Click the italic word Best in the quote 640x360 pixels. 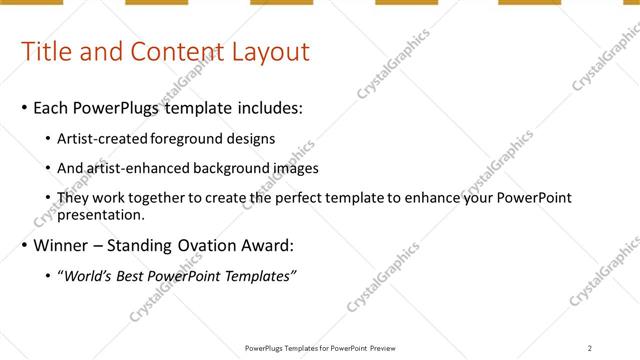pos(133,276)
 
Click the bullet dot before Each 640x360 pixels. pos(24,107)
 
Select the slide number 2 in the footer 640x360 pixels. pos(590,348)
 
